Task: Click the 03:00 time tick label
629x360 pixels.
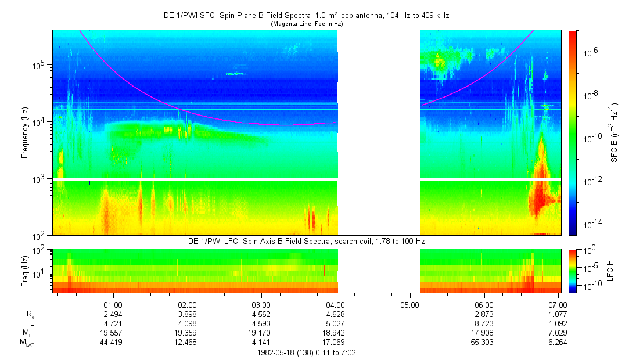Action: tap(261, 304)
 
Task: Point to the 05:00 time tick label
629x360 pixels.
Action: tap(409, 304)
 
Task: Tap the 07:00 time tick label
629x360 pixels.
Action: tap(558, 304)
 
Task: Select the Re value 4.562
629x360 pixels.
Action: tap(261, 314)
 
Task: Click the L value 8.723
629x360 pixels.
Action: tap(484, 323)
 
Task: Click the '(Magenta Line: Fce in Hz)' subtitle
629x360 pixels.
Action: tap(306, 23)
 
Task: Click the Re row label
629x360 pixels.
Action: tap(30, 314)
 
